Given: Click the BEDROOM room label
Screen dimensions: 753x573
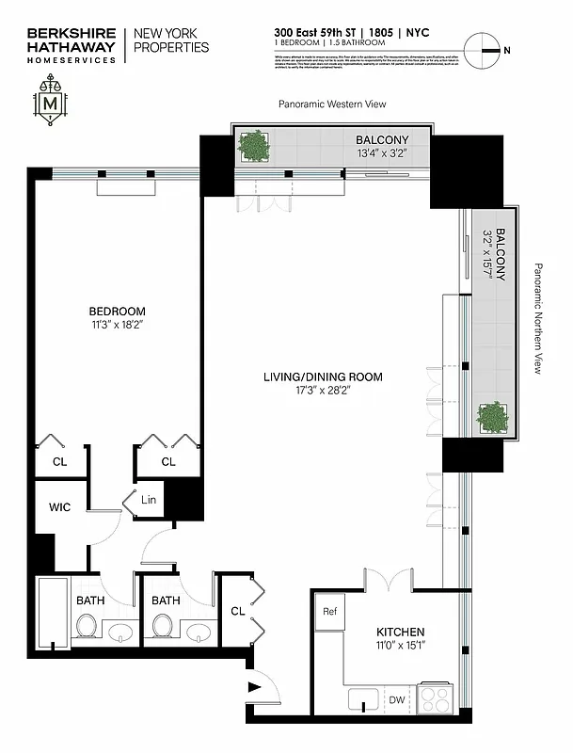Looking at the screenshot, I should tap(117, 312).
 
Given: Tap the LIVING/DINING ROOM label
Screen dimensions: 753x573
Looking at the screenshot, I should tap(323, 377).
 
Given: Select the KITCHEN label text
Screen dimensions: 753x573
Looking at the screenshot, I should tap(400, 632).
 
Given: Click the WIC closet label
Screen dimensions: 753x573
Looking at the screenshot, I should tap(59, 507).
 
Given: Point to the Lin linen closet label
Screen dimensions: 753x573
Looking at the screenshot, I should tap(149, 500).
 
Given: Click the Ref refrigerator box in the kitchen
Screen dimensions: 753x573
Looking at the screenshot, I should tap(329, 611).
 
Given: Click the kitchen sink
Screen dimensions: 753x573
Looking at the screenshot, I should tap(360, 699).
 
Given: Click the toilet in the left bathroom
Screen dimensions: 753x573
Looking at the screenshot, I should tap(87, 625).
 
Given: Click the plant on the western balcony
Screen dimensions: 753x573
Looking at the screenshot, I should tap(252, 147).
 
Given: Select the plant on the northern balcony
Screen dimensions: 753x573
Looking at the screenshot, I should tap(491, 415).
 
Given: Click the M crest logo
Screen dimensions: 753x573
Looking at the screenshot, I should tap(51, 101).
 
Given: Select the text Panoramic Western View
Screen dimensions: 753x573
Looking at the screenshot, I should tap(332, 104).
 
